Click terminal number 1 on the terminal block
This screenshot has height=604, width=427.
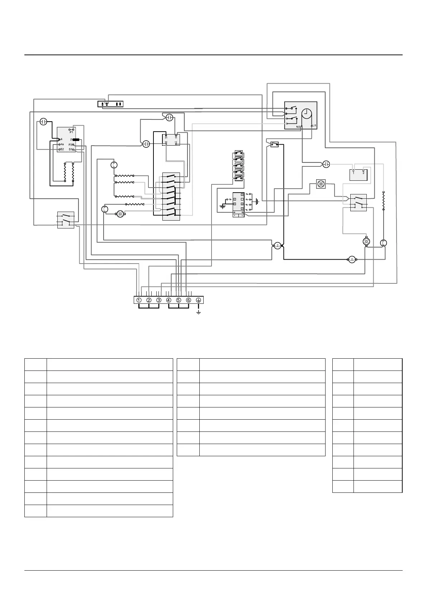click(139, 300)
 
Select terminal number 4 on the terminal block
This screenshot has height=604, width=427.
click(169, 300)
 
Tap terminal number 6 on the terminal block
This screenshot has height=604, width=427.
click(189, 300)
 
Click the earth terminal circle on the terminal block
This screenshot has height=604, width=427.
click(199, 300)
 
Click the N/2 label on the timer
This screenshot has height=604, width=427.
click(298, 126)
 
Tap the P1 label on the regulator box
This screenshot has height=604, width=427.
click(71, 132)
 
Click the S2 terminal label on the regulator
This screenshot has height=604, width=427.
click(62, 149)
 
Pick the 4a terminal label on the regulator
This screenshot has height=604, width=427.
click(62, 144)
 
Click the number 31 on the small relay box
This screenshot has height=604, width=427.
click(166, 137)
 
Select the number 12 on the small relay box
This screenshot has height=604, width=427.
click(176, 142)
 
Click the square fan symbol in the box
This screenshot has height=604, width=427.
click(321, 184)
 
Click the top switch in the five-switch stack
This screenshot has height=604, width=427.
click(238, 153)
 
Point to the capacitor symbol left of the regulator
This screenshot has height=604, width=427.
click(43, 122)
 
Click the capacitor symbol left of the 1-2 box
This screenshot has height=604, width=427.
click(326, 164)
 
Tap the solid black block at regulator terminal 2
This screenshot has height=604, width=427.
click(76, 139)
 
